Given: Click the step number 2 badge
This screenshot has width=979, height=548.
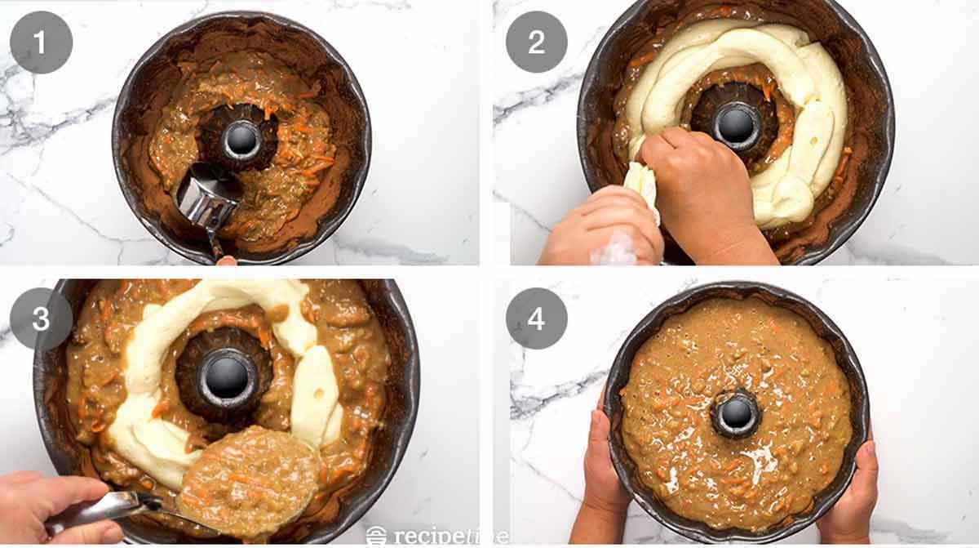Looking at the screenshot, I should tap(536, 42).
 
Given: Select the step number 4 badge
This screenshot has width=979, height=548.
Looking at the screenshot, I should tap(536, 319).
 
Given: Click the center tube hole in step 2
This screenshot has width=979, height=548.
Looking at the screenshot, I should tap(736, 123).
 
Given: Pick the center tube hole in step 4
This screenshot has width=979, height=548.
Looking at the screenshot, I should tap(737, 412).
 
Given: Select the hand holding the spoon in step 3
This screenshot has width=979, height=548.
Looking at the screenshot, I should tap(57, 506).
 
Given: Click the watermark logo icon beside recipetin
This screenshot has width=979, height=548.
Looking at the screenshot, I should tap(376, 536).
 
